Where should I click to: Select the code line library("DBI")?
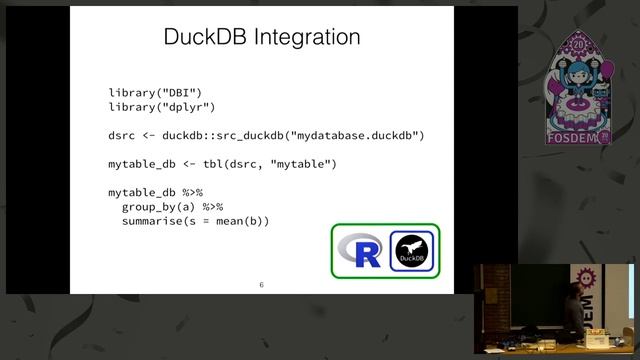click(x=155, y=92)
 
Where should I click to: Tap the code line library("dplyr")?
click(x=162, y=106)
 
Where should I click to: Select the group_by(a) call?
click(x=158, y=207)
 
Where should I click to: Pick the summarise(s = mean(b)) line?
click(x=196, y=221)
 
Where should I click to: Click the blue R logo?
click(x=360, y=251)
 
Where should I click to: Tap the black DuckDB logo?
click(x=410, y=251)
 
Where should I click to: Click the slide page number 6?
click(x=261, y=285)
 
